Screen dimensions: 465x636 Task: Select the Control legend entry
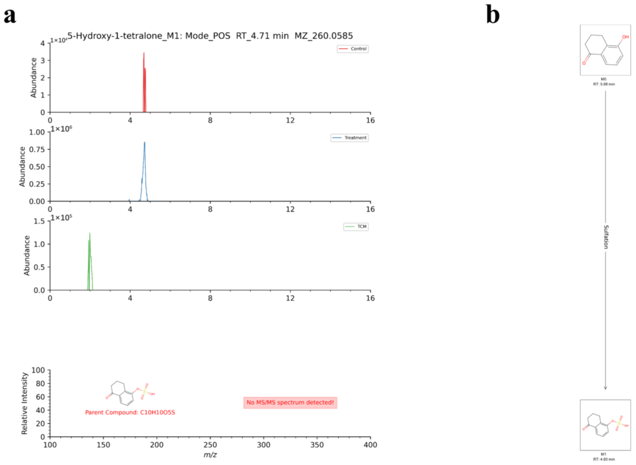(353, 49)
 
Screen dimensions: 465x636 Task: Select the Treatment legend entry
(349, 138)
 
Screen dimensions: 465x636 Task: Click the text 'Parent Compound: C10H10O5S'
(130, 412)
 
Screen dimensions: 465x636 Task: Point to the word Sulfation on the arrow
(606, 237)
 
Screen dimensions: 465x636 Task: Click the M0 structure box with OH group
(605, 50)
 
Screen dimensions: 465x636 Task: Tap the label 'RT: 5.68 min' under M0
(604, 84)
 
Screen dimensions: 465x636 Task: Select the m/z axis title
(210, 455)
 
